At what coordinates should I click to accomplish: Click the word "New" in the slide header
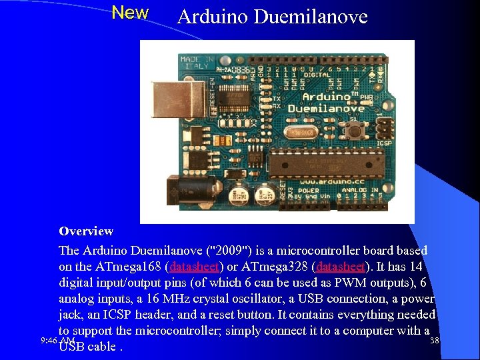[x=130, y=13]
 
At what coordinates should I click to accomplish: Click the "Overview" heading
[x=86, y=231]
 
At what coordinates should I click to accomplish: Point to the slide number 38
[x=435, y=341]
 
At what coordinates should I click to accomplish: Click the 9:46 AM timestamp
[x=57, y=341]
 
